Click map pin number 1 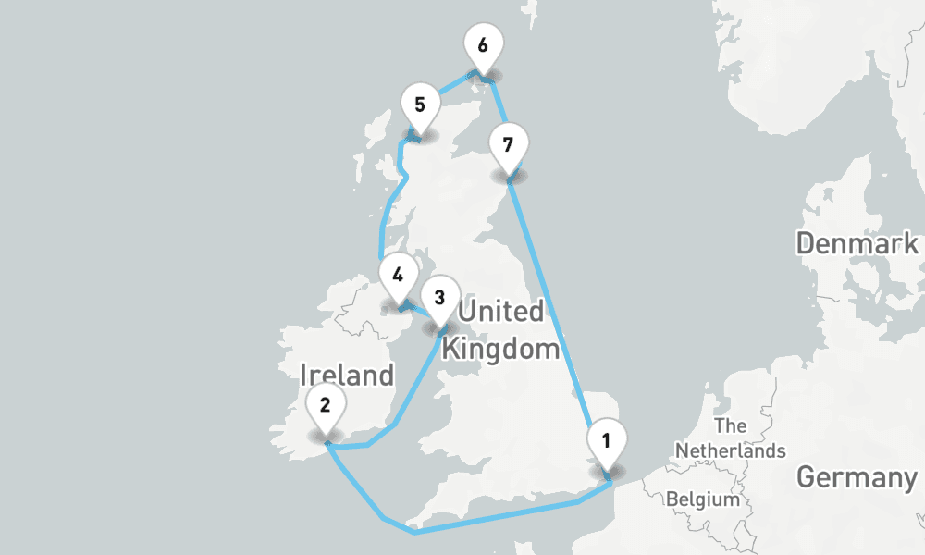click(606, 441)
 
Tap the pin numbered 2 click(325, 405)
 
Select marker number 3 click(439, 299)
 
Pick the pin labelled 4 click(398, 275)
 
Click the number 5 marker click(420, 104)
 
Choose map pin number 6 click(483, 45)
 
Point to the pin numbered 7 click(507, 145)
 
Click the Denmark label click(857, 244)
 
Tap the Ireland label click(347, 376)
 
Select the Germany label click(856, 478)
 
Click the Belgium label click(703, 499)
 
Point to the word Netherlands click(730, 450)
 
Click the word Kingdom click(500, 350)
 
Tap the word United click(500, 311)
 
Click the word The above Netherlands click(731, 426)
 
